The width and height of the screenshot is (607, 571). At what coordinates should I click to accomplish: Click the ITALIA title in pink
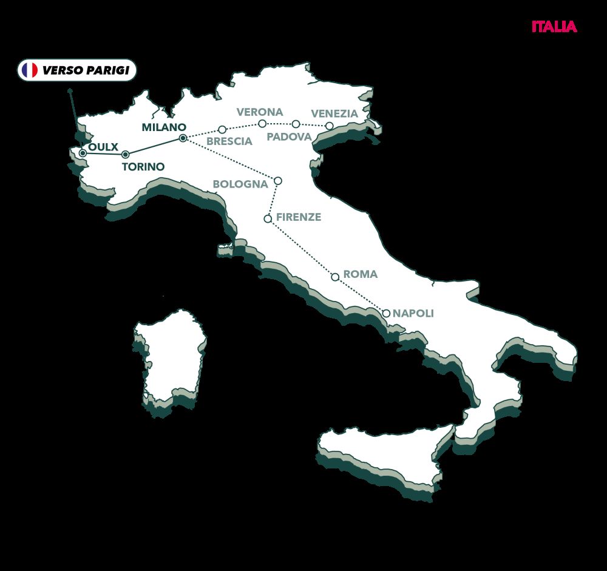[x=554, y=27]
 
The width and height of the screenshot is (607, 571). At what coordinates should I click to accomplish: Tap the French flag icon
[x=29, y=70]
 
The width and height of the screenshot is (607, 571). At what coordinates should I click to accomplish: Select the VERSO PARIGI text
[x=85, y=70]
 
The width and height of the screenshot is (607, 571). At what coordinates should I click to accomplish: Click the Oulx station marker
[x=83, y=153]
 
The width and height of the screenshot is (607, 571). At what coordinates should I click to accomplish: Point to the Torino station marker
[x=125, y=155]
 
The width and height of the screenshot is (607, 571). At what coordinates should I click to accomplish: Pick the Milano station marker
[x=183, y=139]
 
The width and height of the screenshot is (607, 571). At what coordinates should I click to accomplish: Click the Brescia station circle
[x=222, y=129]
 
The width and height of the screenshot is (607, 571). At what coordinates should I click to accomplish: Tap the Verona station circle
[x=262, y=124]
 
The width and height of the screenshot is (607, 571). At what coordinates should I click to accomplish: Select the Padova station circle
[x=296, y=124]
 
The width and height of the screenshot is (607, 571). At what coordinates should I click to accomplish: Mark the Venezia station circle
[x=329, y=126]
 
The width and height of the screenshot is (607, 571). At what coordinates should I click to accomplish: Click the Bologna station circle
[x=278, y=181]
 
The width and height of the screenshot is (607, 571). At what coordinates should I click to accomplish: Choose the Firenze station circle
[x=268, y=218]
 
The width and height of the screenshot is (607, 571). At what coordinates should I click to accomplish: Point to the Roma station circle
[x=335, y=277]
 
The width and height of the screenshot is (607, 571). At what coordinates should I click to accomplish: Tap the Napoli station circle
[x=386, y=314]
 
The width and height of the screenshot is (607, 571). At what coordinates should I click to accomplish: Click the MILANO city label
[x=163, y=127]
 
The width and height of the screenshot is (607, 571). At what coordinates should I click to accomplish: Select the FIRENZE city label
[x=298, y=217]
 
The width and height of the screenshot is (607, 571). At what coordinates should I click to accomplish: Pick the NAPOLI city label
[x=413, y=314]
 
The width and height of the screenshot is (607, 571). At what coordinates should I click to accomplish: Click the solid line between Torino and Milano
[x=154, y=147]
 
